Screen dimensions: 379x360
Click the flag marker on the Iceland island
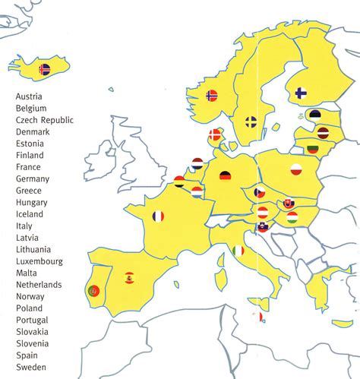[x=45, y=69]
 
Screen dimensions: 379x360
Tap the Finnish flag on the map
[x=301, y=94]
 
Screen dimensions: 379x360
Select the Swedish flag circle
[x=251, y=122]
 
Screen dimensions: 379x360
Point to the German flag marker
[x=226, y=176]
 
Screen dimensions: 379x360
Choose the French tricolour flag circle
[x=158, y=216]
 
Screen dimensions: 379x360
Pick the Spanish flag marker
[x=129, y=276]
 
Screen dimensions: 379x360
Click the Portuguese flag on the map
[x=93, y=290]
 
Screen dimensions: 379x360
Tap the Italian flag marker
[x=239, y=250]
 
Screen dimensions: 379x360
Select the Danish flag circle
[x=216, y=134]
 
